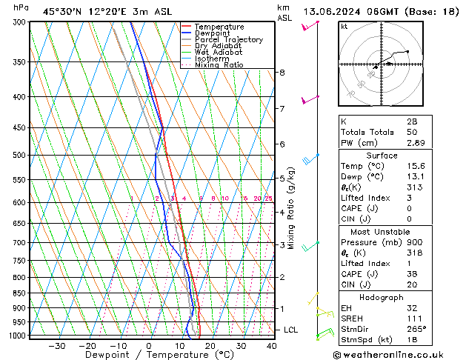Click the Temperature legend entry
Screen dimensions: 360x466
(x=219, y=27)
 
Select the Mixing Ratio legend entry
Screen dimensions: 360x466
(x=219, y=65)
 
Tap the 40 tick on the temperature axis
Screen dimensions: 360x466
(x=271, y=346)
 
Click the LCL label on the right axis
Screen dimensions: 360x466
(x=291, y=330)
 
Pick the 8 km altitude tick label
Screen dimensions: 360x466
(x=282, y=73)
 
